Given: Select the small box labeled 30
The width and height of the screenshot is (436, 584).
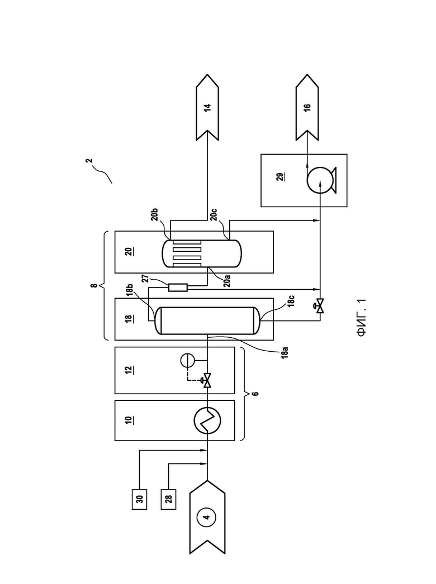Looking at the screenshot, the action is tap(140, 499).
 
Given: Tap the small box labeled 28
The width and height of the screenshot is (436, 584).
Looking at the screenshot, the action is tap(169, 499).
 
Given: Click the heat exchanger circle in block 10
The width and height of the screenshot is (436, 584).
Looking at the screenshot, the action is tap(207, 420).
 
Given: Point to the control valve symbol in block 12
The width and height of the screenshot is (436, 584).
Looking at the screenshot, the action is tap(206, 381).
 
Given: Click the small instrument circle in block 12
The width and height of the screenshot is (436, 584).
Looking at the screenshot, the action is tap(187, 360).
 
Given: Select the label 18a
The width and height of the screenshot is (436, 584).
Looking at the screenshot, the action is tap(285, 352).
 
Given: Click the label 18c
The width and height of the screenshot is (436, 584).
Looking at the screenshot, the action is tap(291, 300).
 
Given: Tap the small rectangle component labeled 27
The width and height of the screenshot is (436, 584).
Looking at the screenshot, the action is tap(178, 288).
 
